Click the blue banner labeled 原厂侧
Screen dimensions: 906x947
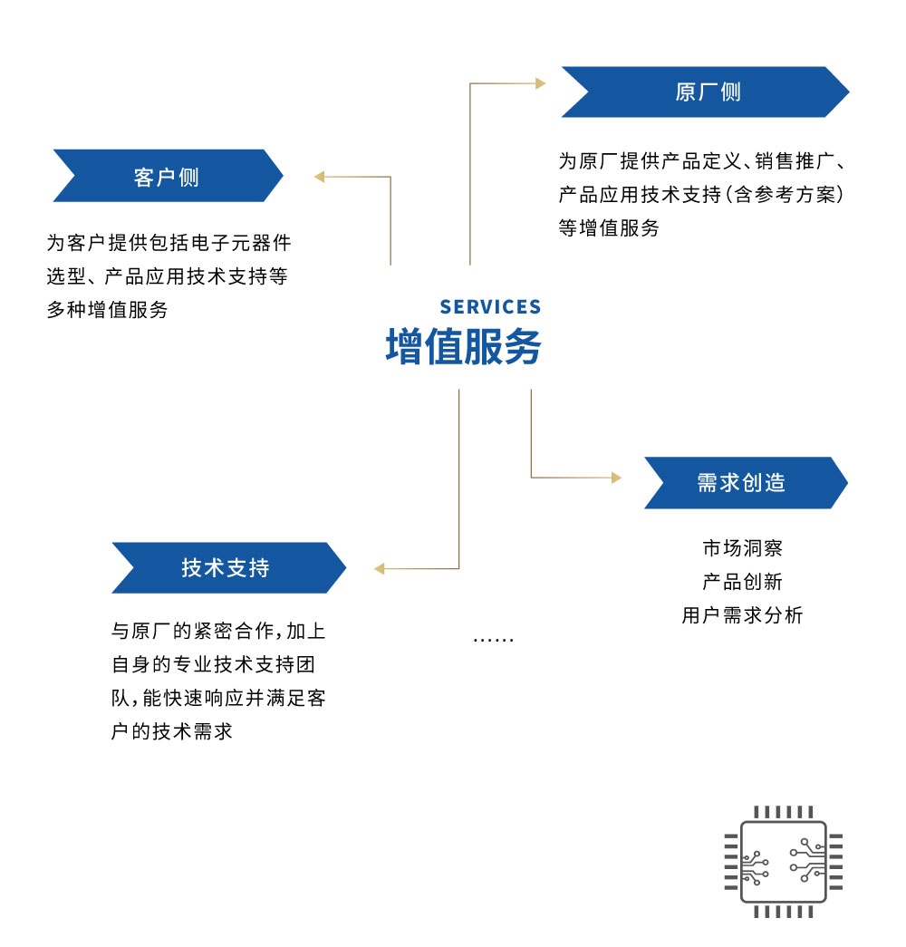pyautogui.click(x=706, y=92)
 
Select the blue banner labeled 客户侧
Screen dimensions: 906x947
pyautogui.click(x=168, y=176)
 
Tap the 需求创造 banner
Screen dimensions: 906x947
pyautogui.click(x=746, y=482)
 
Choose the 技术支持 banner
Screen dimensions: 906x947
pyautogui.click(x=229, y=567)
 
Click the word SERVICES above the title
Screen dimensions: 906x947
pyautogui.click(x=490, y=307)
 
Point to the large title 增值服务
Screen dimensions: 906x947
pyautogui.click(x=463, y=347)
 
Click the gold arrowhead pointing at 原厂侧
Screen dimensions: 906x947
pyautogui.click(x=541, y=83)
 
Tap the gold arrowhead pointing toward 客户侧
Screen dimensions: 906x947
pyautogui.click(x=320, y=177)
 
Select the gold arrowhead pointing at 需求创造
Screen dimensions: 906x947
pyautogui.click(x=617, y=478)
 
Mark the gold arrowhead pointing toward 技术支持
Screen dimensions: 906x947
pyautogui.click(x=380, y=568)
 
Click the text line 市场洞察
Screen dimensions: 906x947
pyautogui.click(x=743, y=547)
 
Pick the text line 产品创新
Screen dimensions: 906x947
pyautogui.click(x=743, y=582)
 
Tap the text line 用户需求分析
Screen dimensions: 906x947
pyautogui.click(x=743, y=615)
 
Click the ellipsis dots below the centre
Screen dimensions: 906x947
pyautogui.click(x=494, y=640)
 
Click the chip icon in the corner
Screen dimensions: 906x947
pyautogui.click(x=784, y=862)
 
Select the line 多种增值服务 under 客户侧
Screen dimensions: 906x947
pyautogui.click(x=108, y=310)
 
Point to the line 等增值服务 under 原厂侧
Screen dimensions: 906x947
pyautogui.click(x=609, y=227)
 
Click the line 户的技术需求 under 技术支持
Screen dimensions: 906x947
pyautogui.click(x=172, y=731)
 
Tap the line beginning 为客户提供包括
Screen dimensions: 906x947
pyautogui.click(x=169, y=243)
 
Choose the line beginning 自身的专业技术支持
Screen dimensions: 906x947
pyautogui.click(x=213, y=664)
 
